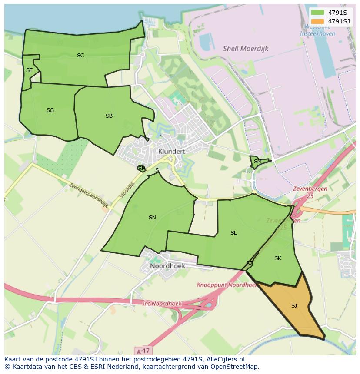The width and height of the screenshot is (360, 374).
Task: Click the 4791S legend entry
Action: click(x=330, y=13)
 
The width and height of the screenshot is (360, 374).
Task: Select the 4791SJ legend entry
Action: click(x=330, y=21)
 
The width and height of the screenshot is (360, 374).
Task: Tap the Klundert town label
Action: click(x=172, y=151)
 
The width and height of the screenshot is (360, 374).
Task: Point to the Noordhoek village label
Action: click(x=167, y=265)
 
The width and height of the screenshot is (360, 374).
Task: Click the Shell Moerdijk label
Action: click(x=245, y=49)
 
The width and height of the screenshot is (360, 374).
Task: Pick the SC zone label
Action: click(x=80, y=55)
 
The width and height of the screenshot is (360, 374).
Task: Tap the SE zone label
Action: click(x=29, y=70)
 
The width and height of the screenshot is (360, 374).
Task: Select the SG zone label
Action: click(x=50, y=110)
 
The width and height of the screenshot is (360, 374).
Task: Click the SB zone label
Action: click(x=109, y=116)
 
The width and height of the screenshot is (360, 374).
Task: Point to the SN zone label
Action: click(x=152, y=218)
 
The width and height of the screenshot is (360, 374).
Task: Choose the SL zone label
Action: click(x=233, y=233)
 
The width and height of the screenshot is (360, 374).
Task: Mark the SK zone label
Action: click(x=278, y=258)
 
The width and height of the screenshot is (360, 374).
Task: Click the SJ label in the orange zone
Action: click(x=294, y=306)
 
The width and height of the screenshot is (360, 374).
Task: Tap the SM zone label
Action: click(x=257, y=162)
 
